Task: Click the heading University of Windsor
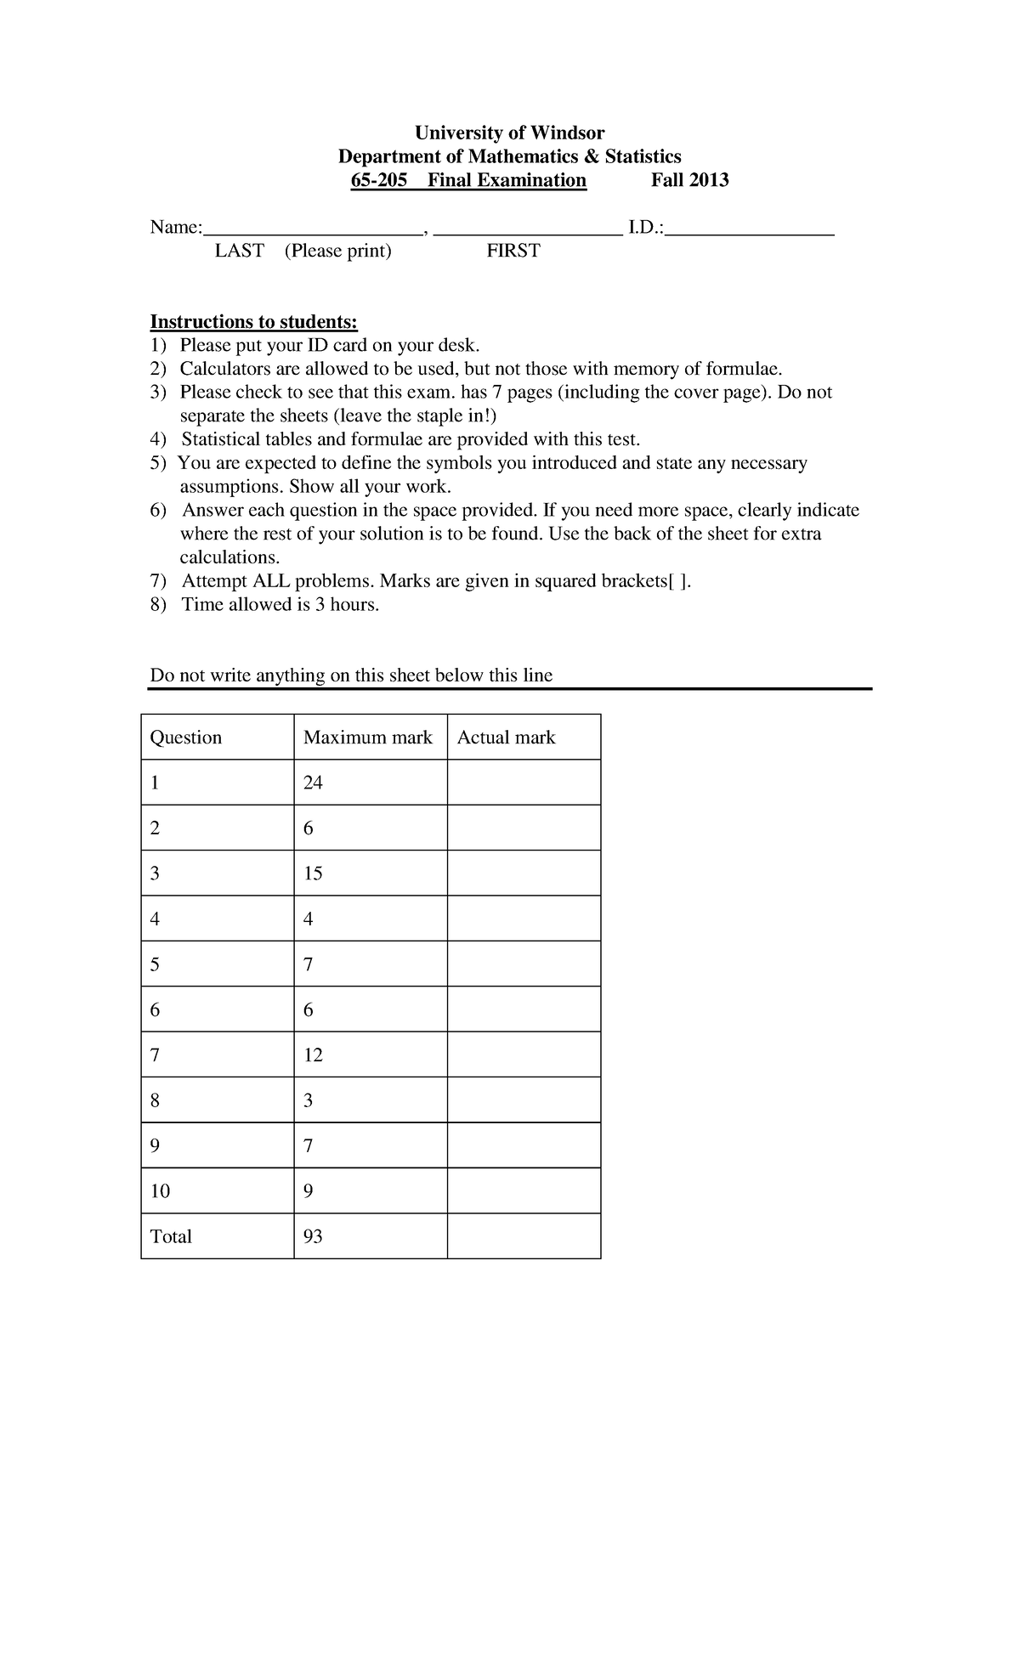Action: point(509,133)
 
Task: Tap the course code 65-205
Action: point(379,180)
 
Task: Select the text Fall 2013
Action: point(689,180)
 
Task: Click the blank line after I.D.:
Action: point(750,228)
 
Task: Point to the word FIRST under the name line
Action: point(513,251)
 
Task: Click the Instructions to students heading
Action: point(254,322)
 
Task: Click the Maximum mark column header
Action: point(367,738)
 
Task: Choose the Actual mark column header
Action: point(506,738)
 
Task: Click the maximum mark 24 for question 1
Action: point(313,783)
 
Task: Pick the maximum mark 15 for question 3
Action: point(313,873)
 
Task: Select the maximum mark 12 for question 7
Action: point(313,1055)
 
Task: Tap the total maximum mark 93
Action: point(313,1236)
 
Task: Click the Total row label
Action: point(171,1236)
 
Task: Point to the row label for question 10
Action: point(160,1191)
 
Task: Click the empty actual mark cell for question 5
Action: point(524,964)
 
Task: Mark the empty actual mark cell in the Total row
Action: point(524,1236)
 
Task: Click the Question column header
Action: point(185,738)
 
